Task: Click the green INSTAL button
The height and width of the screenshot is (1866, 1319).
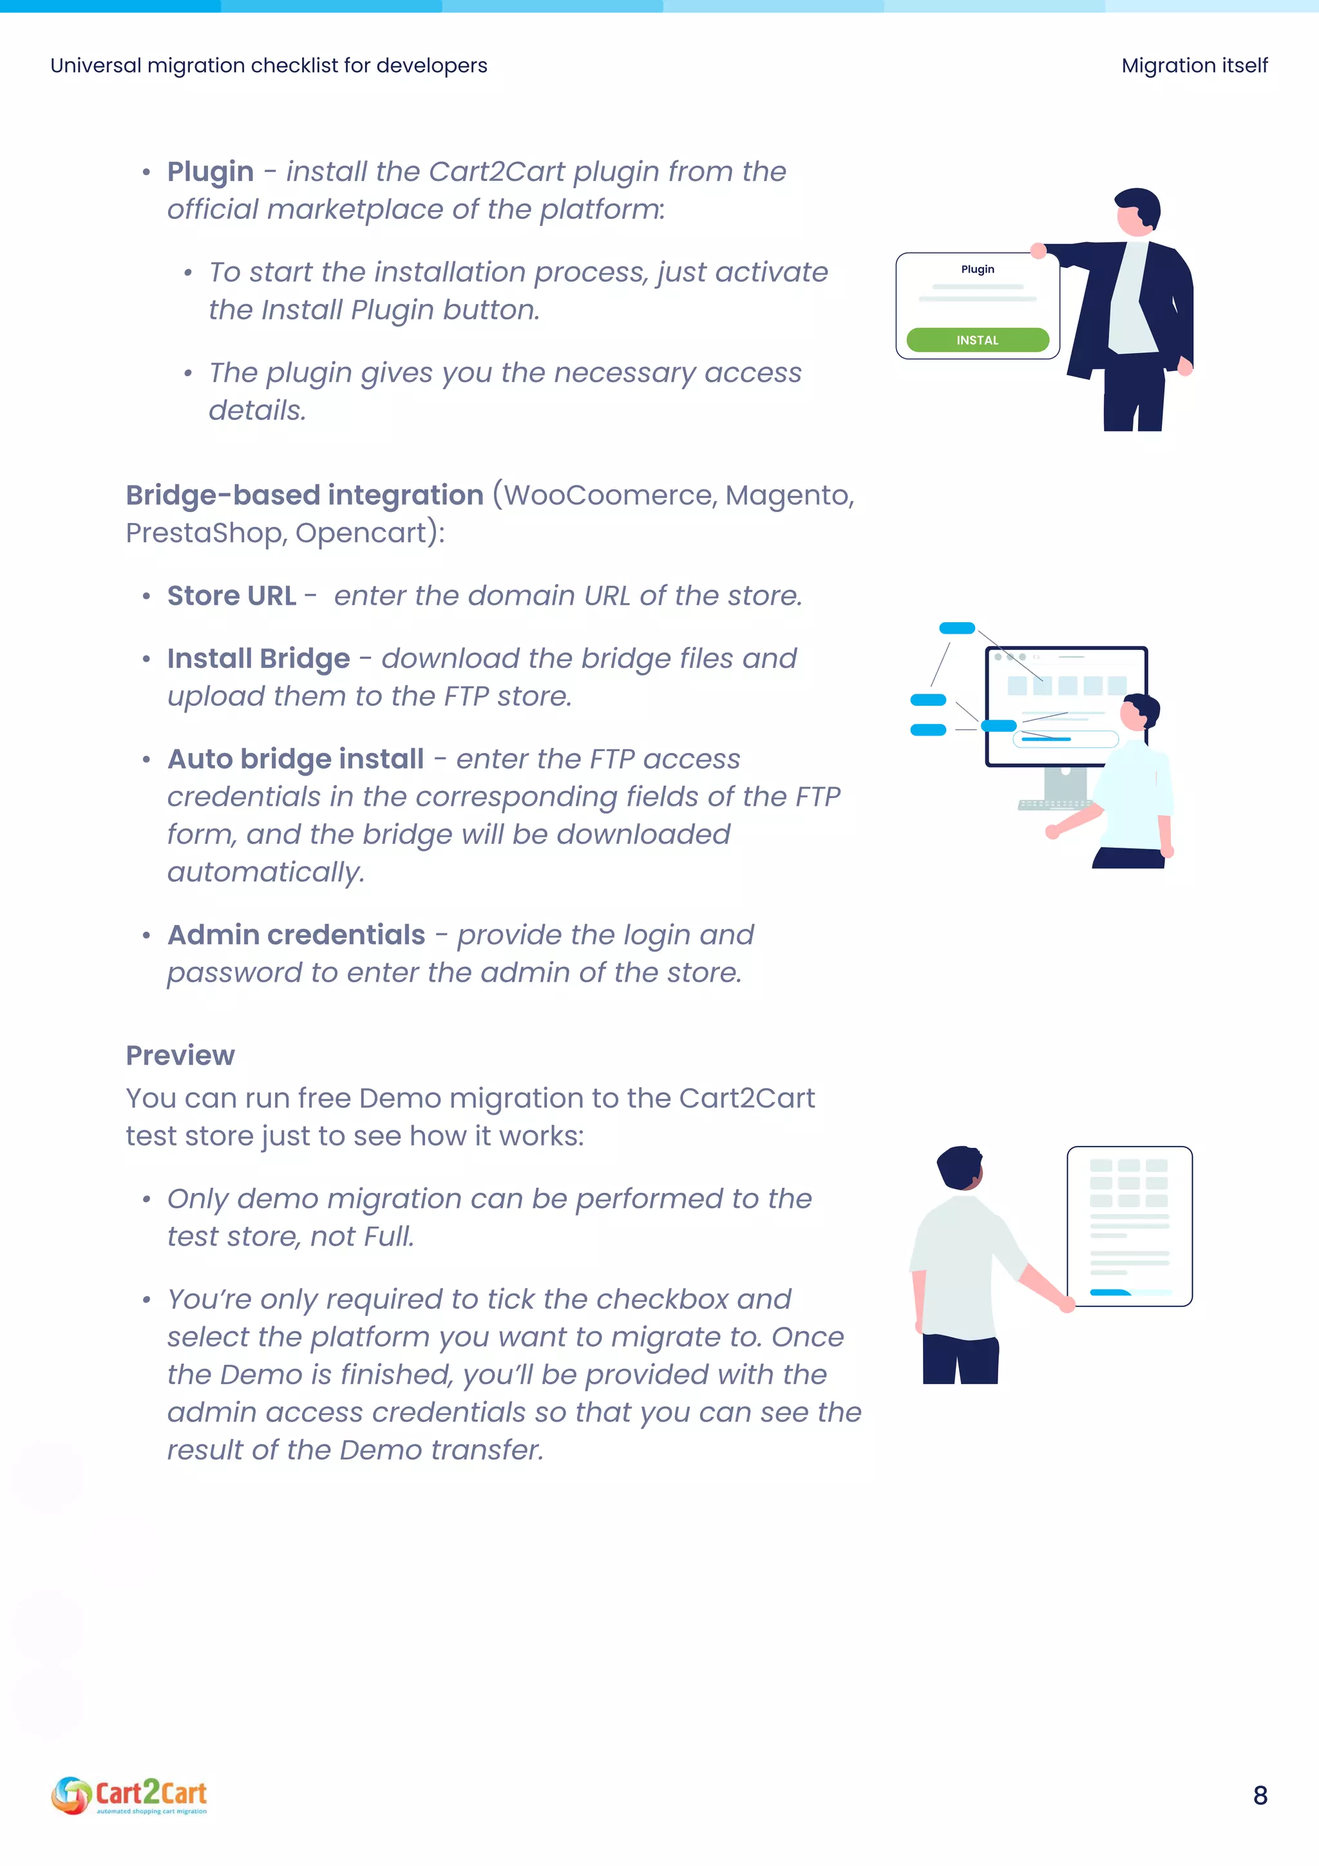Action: coord(977,339)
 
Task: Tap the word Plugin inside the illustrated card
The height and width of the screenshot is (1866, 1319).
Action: coord(977,269)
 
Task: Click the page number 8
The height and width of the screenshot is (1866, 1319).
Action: coord(1260,1795)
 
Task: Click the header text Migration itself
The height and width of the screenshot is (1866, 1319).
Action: coord(1194,65)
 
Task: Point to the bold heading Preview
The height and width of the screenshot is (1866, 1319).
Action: coord(180,1055)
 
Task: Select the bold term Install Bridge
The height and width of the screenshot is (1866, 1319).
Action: coord(258,658)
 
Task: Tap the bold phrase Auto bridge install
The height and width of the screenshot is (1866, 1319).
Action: coord(295,758)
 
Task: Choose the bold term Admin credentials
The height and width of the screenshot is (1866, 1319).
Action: coord(296,935)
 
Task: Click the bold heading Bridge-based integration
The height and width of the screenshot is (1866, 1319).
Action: coord(305,495)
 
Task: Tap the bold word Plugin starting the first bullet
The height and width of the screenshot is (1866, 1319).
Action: coord(211,171)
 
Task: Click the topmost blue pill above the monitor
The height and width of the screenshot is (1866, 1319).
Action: coord(956,627)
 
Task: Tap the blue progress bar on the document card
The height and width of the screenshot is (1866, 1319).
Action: coord(1109,1291)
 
